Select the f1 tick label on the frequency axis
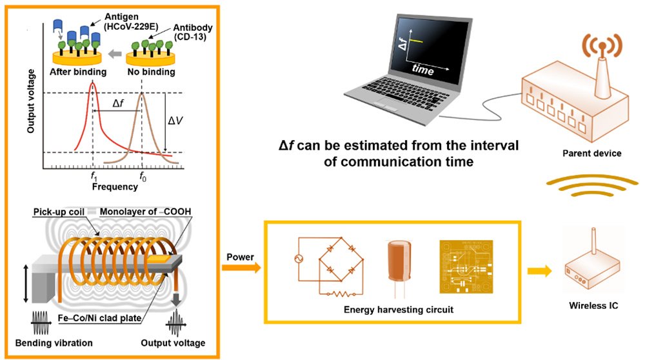pyautogui.click(x=94, y=177)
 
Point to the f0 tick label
pyautogui.click(x=143, y=177)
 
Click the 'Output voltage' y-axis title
pyautogui.click(x=31, y=101)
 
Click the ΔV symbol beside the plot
pyautogui.click(x=175, y=121)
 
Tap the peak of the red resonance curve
pyautogui.click(x=92, y=83)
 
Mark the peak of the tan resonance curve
pyautogui.click(x=141, y=93)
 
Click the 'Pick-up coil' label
pyautogui.click(x=59, y=212)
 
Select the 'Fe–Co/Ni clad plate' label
pyautogui.click(x=99, y=318)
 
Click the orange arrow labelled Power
pyautogui.click(x=241, y=268)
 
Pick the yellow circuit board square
pyautogui.click(x=466, y=267)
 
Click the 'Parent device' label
pyautogui.click(x=592, y=154)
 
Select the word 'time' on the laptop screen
pyautogui.click(x=423, y=70)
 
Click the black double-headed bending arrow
pyautogui.click(x=26, y=284)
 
